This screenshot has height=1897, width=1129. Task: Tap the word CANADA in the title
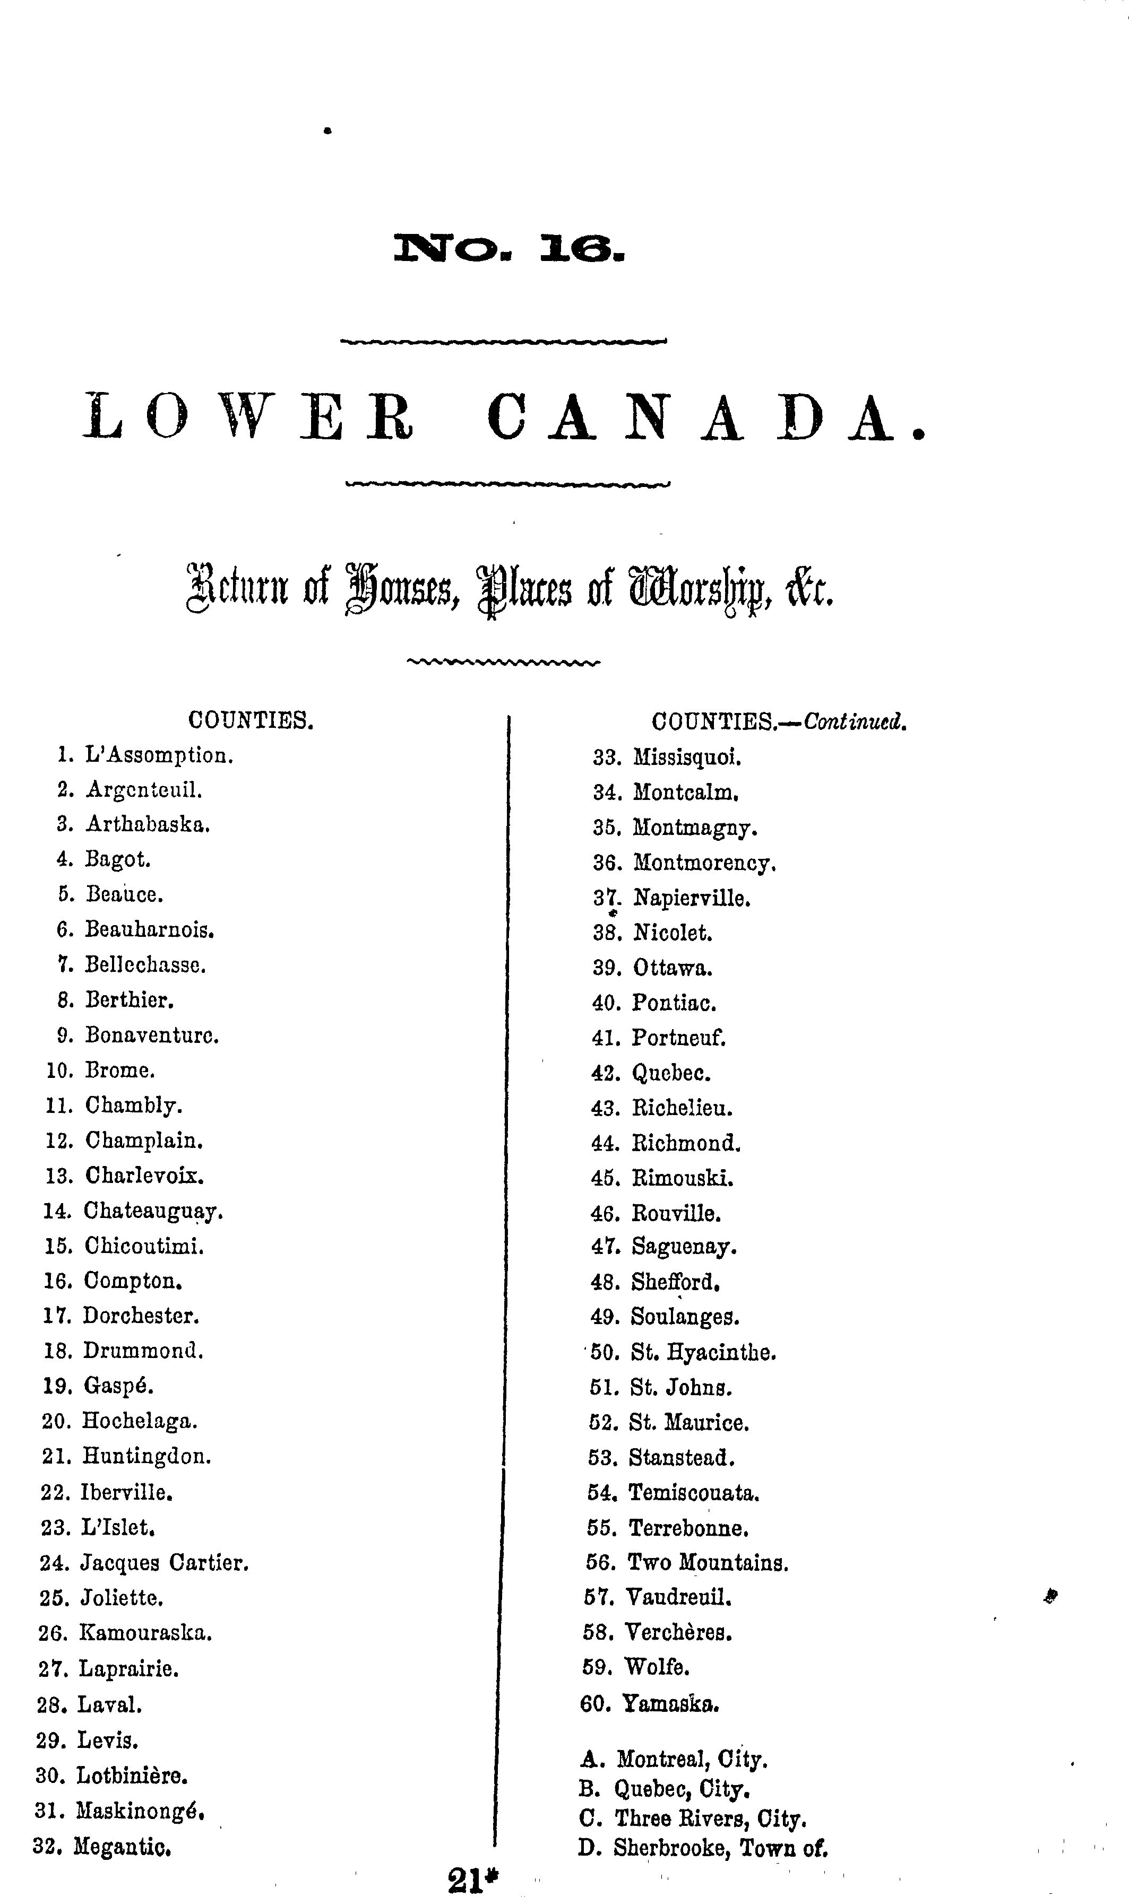[x=706, y=417]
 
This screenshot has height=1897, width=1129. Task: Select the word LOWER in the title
[x=249, y=417]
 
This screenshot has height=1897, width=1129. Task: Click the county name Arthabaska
[x=148, y=824]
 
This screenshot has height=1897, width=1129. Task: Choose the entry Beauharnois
[x=149, y=930]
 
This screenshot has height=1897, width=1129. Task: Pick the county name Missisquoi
[x=687, y=758]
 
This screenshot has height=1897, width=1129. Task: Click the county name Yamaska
[x=671, y=1704]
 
